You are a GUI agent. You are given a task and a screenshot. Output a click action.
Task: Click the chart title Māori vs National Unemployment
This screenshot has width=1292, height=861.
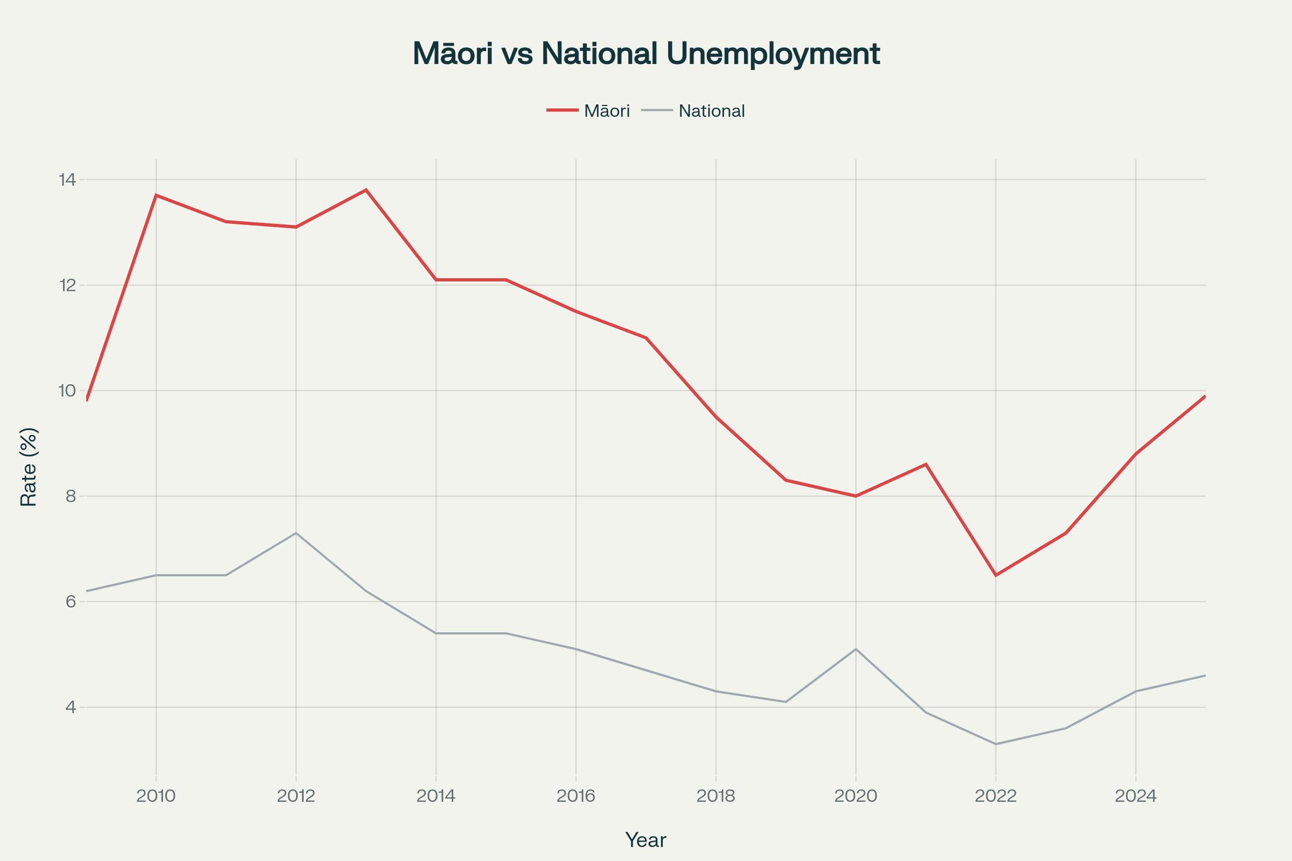646,54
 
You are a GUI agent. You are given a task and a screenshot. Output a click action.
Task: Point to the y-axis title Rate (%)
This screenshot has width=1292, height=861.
29,467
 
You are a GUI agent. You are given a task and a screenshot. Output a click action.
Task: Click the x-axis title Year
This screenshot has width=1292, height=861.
645,840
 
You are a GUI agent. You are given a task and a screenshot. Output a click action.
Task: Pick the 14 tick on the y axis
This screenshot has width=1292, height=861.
68,180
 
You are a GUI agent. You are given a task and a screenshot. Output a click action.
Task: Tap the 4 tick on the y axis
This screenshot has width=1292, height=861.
71,707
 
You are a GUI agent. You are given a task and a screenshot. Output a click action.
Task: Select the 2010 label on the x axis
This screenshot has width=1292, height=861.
156,796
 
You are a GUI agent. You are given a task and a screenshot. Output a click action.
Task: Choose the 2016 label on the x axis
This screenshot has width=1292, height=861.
575,796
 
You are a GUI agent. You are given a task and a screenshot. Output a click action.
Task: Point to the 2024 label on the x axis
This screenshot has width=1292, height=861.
1135,796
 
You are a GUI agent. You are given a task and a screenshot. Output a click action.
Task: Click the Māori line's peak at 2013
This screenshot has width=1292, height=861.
366,190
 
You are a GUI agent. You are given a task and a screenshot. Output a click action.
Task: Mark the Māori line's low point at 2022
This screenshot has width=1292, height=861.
995,575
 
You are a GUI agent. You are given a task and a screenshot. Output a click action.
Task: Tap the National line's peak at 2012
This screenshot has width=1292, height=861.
296,533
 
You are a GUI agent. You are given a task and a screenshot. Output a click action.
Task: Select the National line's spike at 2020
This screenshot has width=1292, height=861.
856,649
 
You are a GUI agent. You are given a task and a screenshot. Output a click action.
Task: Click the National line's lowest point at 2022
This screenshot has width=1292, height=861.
995,744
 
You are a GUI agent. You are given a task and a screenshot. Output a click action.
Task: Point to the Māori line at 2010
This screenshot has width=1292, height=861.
156,195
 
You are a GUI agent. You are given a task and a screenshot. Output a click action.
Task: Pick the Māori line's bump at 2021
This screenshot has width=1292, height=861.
925,464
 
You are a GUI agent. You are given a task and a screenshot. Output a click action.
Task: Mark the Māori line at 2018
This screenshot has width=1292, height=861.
716,417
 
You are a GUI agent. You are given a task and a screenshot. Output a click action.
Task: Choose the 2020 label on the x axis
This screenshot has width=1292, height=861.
856,796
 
